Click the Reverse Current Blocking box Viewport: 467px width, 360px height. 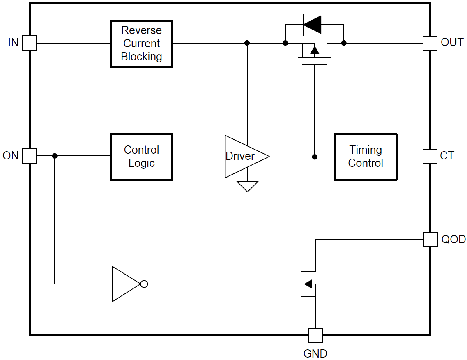(x=141, y=44)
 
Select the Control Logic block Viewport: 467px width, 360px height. (x=141, y=157)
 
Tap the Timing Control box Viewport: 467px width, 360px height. (x=365, y=157)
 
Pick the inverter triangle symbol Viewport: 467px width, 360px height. (x=125, y=284)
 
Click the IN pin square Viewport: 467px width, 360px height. (x=30, y=43)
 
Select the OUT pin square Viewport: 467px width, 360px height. (x=430, y=43)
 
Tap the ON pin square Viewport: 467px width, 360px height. (x=30, y=156)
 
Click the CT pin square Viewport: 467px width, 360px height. (x=430, y=156)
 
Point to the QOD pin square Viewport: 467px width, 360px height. (x=430, y=239)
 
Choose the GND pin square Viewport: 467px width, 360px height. (x=315, y=336)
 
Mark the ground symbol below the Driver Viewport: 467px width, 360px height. (x=248, y=187)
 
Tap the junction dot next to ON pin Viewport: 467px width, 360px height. (x=55, y=156)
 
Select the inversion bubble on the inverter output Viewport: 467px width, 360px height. (x=144, y=284)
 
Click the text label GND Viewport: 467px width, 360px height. (x=315, y=353)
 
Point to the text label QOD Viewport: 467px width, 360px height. (x=453, y=240)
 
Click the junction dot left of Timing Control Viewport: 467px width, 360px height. (x=315, y=157)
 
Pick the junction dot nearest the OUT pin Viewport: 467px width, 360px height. (x=344, y=43)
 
